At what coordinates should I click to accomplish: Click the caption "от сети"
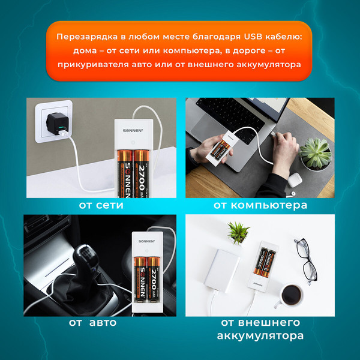tap(101, 205)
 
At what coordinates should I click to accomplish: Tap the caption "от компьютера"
tap(260, 205)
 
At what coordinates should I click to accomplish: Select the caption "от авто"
tap(92, 322)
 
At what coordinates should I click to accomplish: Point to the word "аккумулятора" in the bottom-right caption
tap(260, 335)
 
